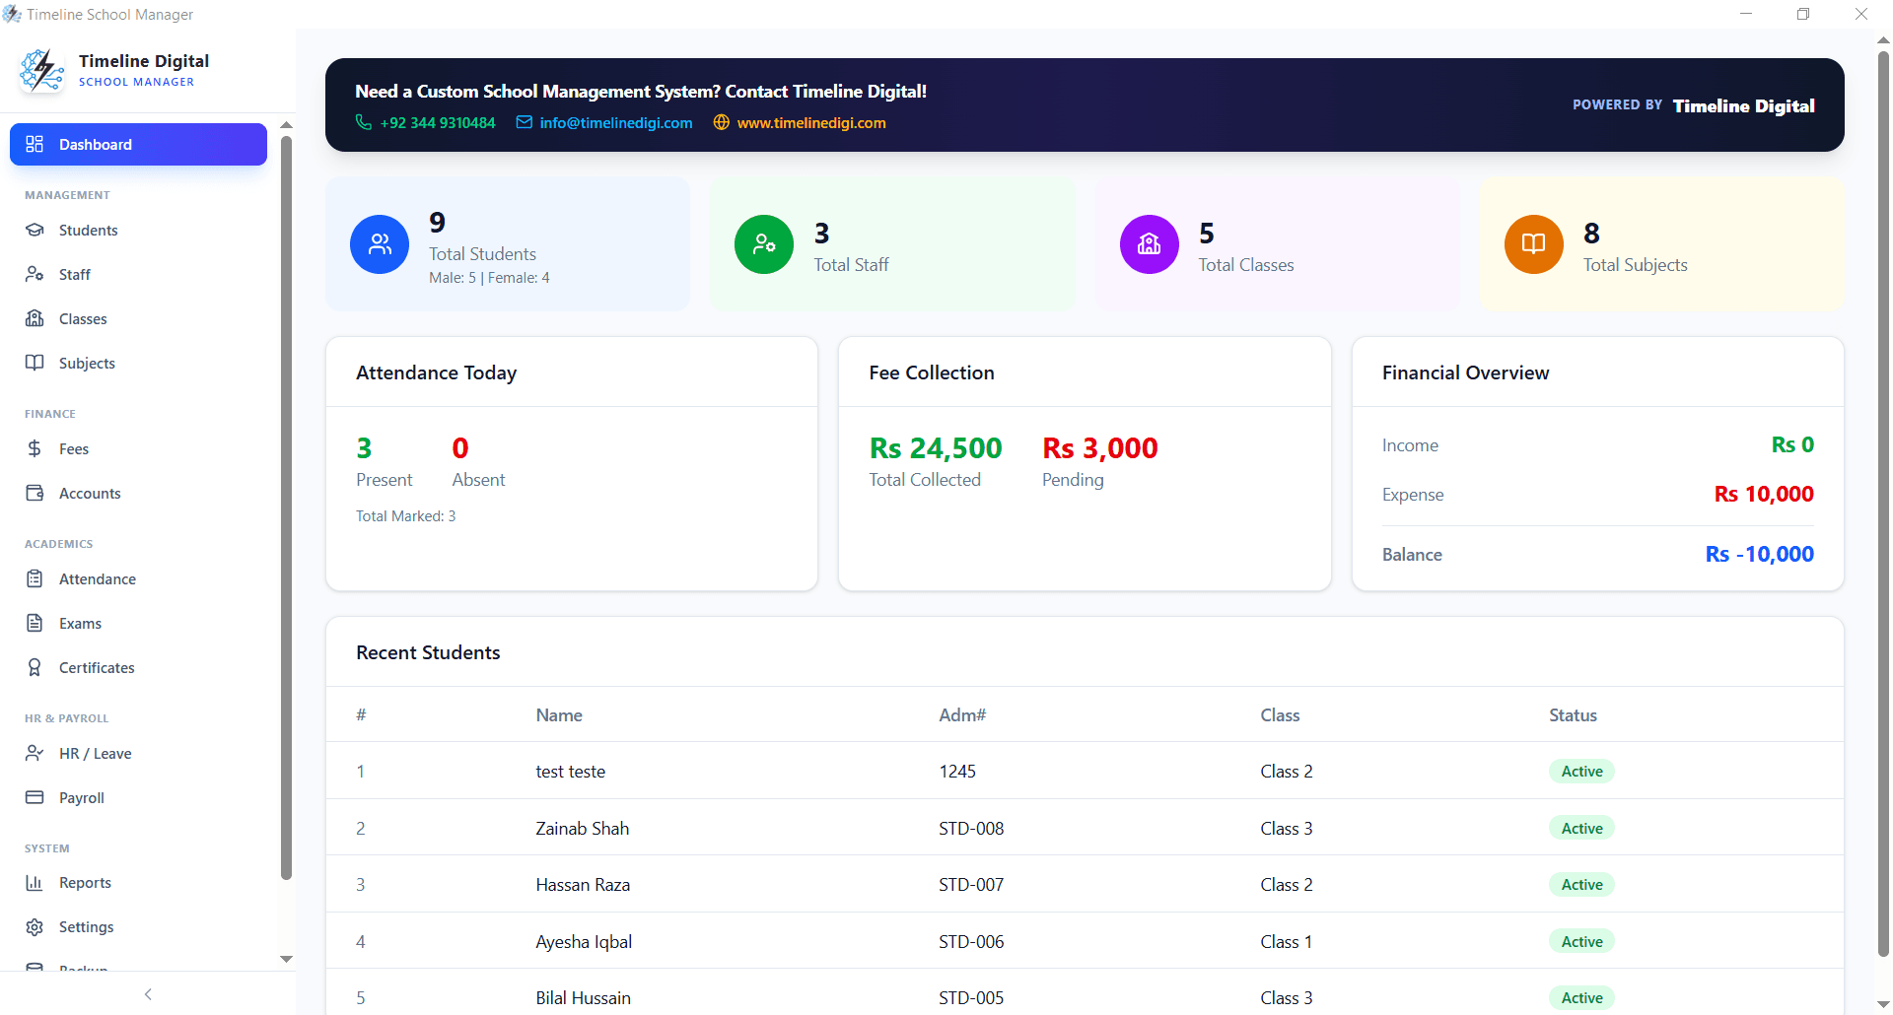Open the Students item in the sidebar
pos(88,231)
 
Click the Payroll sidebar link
pos(81,798)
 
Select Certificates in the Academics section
pos(96,668)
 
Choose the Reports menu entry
pos(85,883)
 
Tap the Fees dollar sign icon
pos(35,449)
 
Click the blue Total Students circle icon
pos(380,244)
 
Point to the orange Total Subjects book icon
pos(1533,244)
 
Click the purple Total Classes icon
pos(1149,244)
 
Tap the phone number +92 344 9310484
pos(438,123)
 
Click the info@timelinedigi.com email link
pos(615,123)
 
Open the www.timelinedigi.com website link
pos(810,123)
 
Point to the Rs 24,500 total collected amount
pos(935,448)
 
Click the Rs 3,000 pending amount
pos(1099,448)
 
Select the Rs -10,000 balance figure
pos(1759,554)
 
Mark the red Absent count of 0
pos(460,448)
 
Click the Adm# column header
pos(961,715)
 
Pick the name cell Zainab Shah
pos(582,829)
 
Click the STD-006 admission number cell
pos(970,942)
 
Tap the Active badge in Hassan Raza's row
pos(1581,885)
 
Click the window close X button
pos(1860,15)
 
